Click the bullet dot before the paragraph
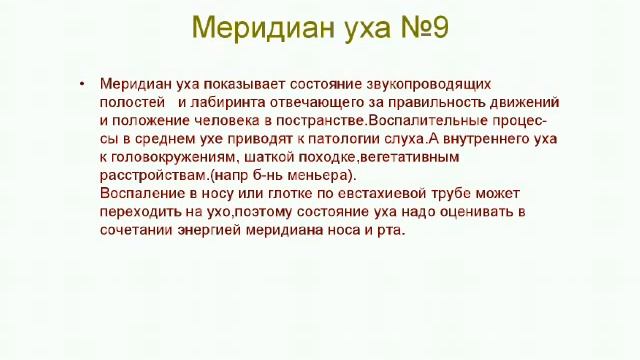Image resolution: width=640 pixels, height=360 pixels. pyautogui.click(x=83, y=84)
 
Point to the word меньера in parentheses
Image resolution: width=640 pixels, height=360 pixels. pyautogui.click(x=322, y=175)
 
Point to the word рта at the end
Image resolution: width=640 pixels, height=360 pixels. pyautogui.click(x=390, y=230)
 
